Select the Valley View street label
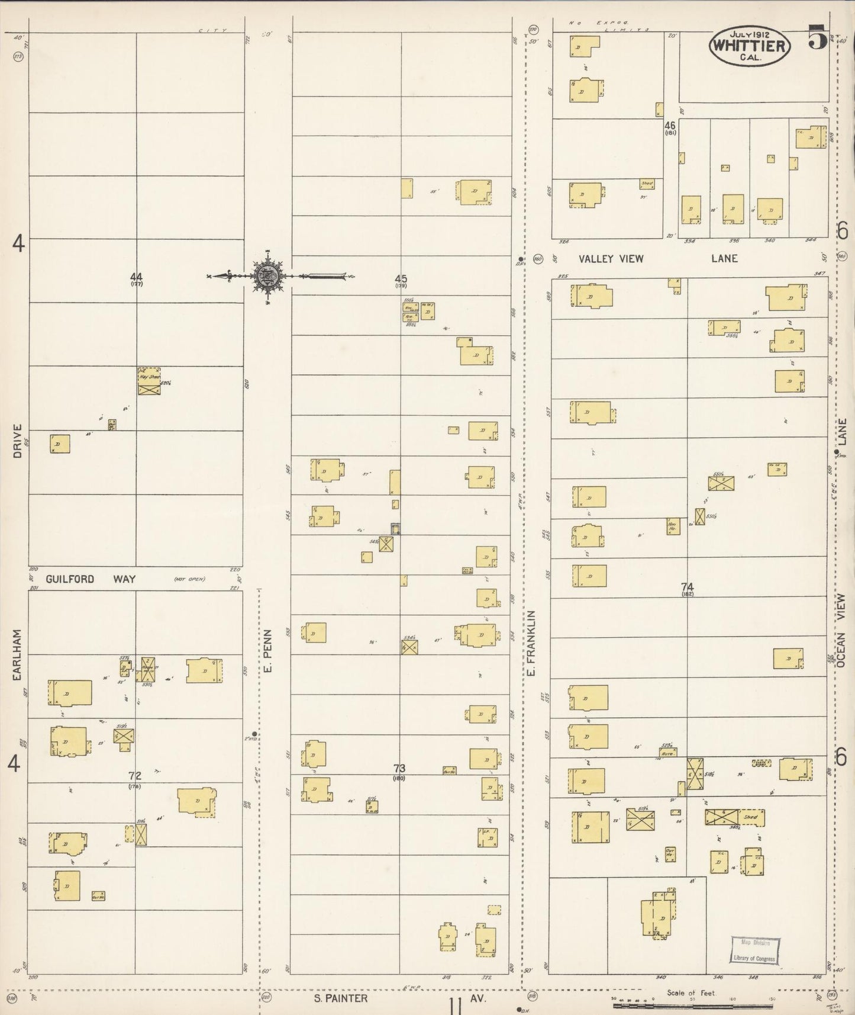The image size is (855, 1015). (x=611, y=259)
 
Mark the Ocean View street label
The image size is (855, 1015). (x=841, y=631)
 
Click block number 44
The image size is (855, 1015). (x=137, y=277)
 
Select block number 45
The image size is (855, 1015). (x=401, y=278)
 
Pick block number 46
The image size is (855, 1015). (x=670, y=126)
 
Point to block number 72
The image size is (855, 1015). (x=135, y=775)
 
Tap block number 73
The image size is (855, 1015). (x=399, y=769)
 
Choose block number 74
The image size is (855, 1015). (x=687, y=587)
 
